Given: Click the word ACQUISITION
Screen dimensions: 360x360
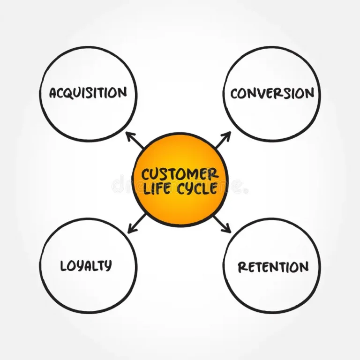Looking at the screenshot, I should [x=88, y=92].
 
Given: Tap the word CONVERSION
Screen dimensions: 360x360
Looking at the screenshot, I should [x=272, y=93].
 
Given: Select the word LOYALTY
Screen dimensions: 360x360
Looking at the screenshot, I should [x=86, y=266].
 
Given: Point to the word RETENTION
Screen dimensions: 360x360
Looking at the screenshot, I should [x=273, y=267].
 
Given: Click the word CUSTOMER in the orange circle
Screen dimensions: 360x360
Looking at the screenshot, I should [x=180, y=174].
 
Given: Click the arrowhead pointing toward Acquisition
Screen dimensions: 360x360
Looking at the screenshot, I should [x=128, y=135].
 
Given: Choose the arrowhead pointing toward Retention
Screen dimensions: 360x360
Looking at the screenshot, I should [x=228, y=230].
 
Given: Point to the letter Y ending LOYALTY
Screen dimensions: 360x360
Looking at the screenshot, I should [x=108, y=266].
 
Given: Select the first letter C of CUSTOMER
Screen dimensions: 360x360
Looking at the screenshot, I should [x=146, y=175].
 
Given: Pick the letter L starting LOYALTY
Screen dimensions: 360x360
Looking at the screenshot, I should [x=64, y=266].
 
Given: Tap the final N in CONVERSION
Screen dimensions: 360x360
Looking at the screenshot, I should [x=309, y=93].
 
